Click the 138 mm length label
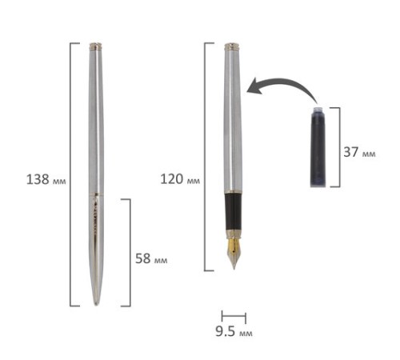(x=46, y=179)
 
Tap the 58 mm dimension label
(x=151, y=258)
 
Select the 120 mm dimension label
(x=180, y=179)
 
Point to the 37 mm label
(x=359, y=152)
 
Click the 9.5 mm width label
(x=234, y=331)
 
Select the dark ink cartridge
(x=318, y=146)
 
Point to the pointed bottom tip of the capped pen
(x=96, y=305)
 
